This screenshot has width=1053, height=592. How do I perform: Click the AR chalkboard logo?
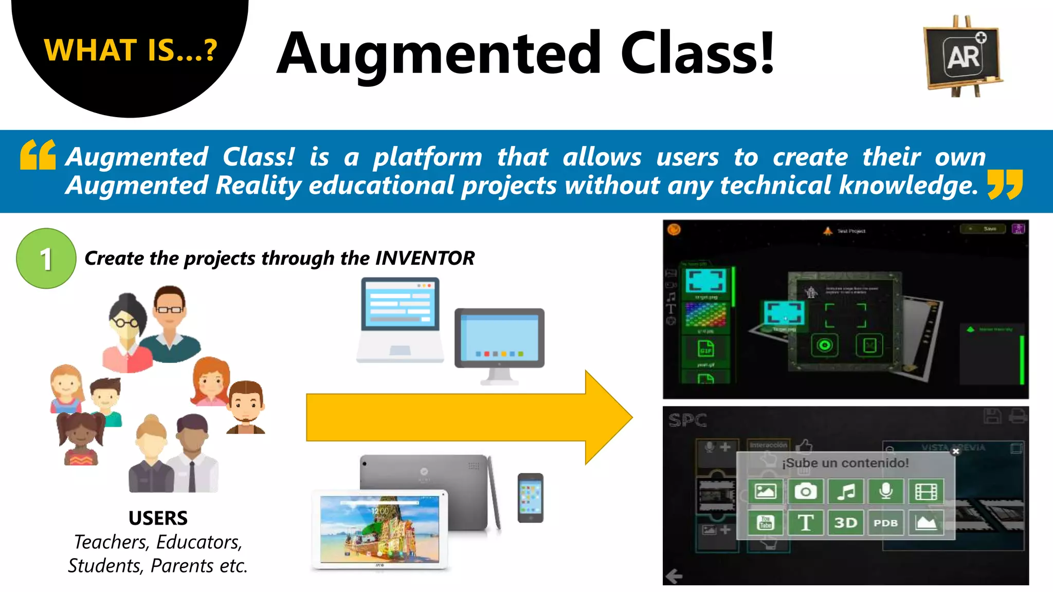coord(963,56)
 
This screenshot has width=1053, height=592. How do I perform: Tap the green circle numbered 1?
coord(46,258)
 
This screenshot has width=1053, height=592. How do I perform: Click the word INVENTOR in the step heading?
coord(425,258)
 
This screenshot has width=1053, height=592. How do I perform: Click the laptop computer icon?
coord(400,320)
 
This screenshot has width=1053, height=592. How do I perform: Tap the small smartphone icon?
coord(530,497)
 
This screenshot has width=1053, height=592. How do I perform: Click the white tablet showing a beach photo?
coord(380,530)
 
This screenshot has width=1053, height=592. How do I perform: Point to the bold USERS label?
coord(158,518)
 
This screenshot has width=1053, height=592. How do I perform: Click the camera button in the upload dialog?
coord(805,492)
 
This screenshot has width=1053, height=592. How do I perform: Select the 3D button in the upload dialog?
coord(845,523)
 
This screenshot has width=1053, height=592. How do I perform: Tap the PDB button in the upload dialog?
coord(885,523)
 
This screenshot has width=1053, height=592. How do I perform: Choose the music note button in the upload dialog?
coord(845,492)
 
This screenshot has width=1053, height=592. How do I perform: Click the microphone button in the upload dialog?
coord(885,492)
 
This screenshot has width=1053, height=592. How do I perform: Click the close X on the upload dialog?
coord(956,451)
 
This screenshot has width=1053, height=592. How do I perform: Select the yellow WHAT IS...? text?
coord(131,50)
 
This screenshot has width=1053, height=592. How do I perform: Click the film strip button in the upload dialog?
coord(925,492)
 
